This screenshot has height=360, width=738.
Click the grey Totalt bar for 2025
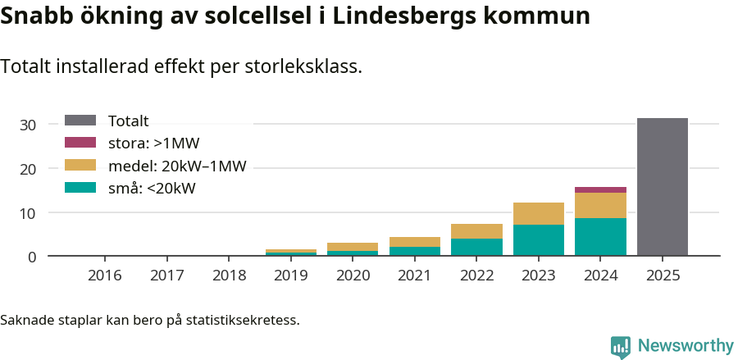click(x=662, y=187)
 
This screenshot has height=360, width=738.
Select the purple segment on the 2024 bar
click(x=600, y=189)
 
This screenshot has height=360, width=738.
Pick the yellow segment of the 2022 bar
click(x=476, y=231)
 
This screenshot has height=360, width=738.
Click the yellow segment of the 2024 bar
click(x=600, y=205)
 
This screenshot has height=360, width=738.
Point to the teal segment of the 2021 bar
click(x=415, y=251)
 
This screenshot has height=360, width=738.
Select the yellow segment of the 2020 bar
click(x=353, y=247)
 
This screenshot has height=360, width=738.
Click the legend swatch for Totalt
click(x=80, y=121)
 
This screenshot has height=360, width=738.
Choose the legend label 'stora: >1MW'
click(x=153, y=144)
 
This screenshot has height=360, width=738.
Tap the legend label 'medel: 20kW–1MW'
click(x=177, y=166)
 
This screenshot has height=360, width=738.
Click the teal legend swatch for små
click(x=80, y=188)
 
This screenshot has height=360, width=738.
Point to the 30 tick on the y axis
click(x=29, y=125)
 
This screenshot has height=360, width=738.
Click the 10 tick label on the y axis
click(x=29, y=213)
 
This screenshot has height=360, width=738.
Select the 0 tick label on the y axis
click(x=33, y=257)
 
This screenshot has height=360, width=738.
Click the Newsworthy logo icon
click(x=621, y=346)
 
